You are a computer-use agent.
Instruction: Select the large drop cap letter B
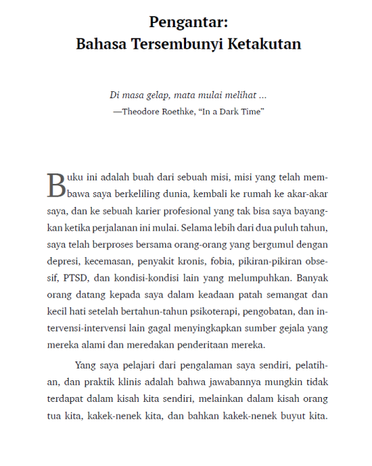tap(56, 185)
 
